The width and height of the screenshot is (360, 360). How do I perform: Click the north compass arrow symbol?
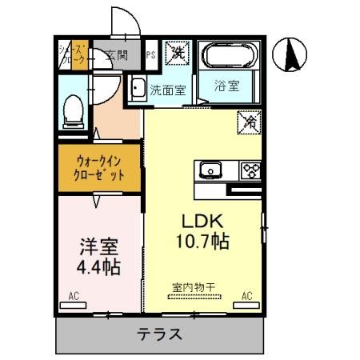(294, 55)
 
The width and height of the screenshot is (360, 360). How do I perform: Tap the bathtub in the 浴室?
(230, 57)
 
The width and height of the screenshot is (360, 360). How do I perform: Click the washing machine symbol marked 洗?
(177, 54)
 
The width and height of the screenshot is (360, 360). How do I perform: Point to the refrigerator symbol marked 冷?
(250, 122)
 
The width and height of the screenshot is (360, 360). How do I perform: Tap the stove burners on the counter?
(251, 170)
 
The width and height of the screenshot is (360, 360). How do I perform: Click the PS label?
(151, 55)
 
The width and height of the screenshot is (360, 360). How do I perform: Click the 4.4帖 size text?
(97, 266)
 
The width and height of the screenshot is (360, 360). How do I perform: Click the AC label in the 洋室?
(74, 296)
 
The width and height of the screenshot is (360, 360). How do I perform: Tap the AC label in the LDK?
(247, 296)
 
